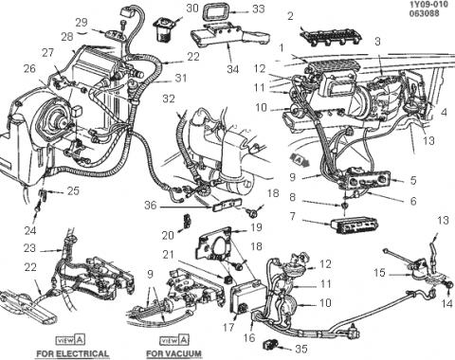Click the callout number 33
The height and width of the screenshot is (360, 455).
tap(258, 9)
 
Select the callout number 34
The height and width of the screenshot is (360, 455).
tap(233, 69)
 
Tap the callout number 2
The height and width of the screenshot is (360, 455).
tap(290, 16)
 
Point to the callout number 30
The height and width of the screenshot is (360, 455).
tap(191, 9)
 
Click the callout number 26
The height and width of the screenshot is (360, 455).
tap(29, 68)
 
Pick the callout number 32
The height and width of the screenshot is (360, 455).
tap(169, 99)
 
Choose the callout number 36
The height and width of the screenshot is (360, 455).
tap(151, 206)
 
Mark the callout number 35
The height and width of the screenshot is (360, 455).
tap(301, 349)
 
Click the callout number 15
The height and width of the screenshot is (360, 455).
tap(379, 273)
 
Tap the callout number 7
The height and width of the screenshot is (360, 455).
tap(293, 216)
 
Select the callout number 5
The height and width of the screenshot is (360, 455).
tap(413, 180)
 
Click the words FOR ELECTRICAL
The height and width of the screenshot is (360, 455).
tap(73, 353)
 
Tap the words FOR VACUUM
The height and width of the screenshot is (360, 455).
tap(173, 353)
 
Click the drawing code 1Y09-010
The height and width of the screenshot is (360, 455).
tap(428, 4)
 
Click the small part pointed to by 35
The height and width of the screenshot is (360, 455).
tap(269, 344)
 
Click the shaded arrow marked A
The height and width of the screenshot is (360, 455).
tap(299, 158)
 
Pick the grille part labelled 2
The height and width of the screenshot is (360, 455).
tap(330, 37)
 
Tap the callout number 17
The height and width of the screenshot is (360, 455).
tap(227, 327)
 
